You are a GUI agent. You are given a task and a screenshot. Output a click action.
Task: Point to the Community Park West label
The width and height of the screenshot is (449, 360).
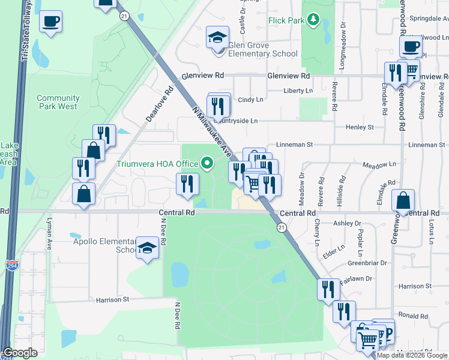(x=58, y=102)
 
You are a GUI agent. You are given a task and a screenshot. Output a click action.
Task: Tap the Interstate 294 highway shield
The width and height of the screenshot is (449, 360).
(x=11, y=265)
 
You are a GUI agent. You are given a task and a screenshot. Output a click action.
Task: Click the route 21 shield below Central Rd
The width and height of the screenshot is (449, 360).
(x=281, y=227)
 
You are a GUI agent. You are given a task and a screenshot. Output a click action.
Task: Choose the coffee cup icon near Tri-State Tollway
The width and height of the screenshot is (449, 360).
(x=50, y=22)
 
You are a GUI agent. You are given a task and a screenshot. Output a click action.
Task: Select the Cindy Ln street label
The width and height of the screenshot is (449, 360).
(x=250, y=100)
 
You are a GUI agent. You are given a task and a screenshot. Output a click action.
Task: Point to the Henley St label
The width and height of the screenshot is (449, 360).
(x=360, y=127)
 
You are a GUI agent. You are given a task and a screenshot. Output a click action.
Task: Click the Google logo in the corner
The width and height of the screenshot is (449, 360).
(x=20, y=353)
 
